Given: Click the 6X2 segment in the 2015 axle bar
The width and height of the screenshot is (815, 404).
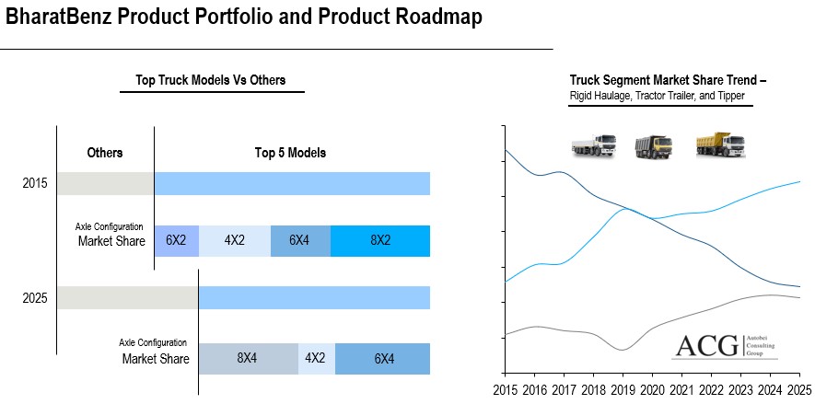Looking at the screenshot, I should (x=176, y=240).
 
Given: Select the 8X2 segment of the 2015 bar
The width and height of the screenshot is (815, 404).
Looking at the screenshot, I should (x=380, y=240).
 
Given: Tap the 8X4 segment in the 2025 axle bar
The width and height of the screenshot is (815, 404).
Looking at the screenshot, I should (x=248, y=359).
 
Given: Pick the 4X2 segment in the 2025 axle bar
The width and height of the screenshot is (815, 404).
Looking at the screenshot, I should (x=316, y=359).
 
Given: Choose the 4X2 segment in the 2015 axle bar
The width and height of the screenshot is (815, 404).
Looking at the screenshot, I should (x=234, y=240).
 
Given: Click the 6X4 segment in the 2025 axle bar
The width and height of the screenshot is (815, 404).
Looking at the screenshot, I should (x=382, y=359).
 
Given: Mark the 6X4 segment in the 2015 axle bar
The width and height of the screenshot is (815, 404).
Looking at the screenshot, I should (x=299, y=240).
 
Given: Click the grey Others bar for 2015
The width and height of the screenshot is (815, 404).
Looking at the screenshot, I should (x=105, y=183).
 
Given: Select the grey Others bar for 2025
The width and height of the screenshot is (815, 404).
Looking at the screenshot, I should (x=127, y=297).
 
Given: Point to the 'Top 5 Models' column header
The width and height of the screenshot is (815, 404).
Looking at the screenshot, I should (x=290, y=153).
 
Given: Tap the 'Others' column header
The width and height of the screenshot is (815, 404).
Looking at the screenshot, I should (x=105, y=153).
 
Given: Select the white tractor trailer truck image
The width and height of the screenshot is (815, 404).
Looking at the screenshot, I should (x=594, y=145).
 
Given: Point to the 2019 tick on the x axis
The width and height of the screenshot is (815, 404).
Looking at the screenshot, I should (x=623, y=389).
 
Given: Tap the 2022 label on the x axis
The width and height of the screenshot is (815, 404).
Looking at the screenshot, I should (x=712, y=389).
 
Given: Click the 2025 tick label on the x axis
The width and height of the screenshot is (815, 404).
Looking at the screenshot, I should (x=798, y=389).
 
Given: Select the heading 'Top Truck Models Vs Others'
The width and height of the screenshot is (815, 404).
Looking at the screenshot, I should (x=211, y=81).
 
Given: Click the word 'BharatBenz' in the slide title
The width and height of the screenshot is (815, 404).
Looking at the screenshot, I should (x=63, y=17).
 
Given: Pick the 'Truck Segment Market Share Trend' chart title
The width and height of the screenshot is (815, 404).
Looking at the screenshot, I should (x=668, y=81).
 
